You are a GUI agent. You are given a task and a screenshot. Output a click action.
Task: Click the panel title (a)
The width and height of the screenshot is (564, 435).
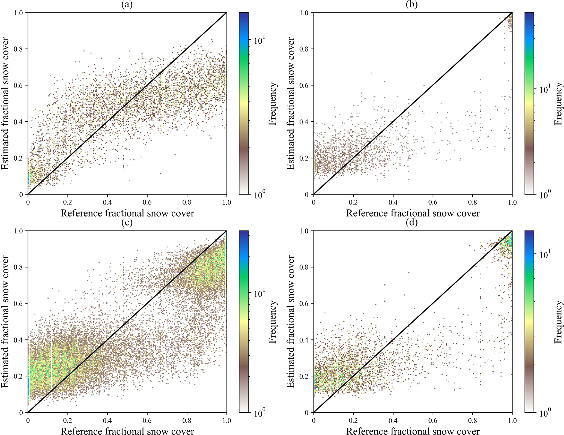click(x=127, y=5)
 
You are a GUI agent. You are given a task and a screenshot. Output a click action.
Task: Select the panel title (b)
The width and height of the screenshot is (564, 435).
click(x=412, y=5)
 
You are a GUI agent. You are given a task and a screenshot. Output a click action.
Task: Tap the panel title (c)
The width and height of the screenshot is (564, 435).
click(x=127, y=223)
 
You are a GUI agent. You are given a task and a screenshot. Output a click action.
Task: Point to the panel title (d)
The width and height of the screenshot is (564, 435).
click(x=412, y=223)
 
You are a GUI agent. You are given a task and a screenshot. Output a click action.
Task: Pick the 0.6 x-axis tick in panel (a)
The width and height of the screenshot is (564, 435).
click(x=147, y=202)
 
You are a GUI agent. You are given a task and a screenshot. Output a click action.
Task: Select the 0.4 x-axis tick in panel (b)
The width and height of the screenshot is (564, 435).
click(x=393, y=202)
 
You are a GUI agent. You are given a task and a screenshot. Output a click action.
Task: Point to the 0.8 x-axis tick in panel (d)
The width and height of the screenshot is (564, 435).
click(x=473, y=421)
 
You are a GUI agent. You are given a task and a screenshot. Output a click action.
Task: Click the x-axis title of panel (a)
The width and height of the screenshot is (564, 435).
click(x=127, y=213)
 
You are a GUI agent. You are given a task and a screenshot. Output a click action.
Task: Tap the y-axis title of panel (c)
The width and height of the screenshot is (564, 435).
click(x=5, y=322)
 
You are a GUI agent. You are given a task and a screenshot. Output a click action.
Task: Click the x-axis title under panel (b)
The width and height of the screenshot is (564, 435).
click(x=413, y=213)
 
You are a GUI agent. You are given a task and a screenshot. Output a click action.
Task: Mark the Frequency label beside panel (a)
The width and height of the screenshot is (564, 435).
click(x=273, y=104)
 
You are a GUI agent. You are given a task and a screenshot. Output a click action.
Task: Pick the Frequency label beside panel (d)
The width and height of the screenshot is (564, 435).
click(x=559, y=322)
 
